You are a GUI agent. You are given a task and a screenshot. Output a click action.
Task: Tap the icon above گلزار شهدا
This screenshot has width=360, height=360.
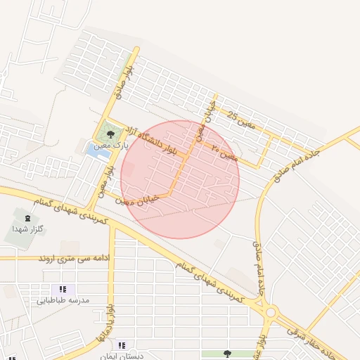tap(27, 219)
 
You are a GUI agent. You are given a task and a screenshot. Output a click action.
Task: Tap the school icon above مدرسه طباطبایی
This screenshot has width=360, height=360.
tap(63, 289)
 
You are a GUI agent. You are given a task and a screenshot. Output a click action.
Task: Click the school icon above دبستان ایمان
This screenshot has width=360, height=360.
tap(122, 345)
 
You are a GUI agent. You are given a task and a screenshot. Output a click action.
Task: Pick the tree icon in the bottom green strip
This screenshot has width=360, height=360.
tap(226, 354)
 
